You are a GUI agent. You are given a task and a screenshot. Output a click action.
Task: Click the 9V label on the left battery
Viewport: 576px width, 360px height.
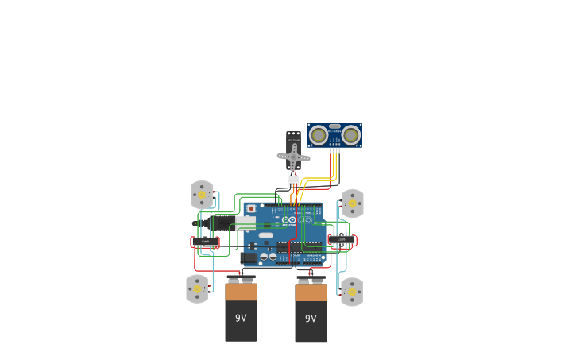(241, 318)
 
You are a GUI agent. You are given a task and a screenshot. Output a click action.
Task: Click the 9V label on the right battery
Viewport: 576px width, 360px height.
(311, 319)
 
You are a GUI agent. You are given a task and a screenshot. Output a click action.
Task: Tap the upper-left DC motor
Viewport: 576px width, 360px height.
(202, 195)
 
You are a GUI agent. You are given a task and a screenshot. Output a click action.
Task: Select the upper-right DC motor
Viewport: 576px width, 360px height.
(353, 203)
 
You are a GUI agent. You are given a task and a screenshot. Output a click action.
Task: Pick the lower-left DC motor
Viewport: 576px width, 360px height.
(197, 288)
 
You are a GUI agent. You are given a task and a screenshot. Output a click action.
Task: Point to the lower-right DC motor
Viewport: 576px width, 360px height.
(352, 292)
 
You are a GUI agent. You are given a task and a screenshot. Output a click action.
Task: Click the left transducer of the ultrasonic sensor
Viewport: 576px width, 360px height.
(319, 135)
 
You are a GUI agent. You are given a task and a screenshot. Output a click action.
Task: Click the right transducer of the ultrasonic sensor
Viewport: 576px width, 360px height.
(351, 135)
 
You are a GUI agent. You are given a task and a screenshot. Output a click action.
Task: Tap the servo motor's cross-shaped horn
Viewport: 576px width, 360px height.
(293, 157)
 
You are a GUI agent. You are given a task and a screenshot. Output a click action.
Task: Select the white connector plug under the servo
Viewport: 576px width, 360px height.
(293, 181)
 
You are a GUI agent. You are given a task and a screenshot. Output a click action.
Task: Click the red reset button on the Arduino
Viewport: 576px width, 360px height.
(251, 209)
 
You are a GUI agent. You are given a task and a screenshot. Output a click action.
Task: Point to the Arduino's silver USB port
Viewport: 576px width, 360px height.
(245, 223)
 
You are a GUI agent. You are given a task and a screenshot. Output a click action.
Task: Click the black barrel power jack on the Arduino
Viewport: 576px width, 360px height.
(248, 257)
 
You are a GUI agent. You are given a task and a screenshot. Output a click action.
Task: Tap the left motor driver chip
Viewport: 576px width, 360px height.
(205, 241)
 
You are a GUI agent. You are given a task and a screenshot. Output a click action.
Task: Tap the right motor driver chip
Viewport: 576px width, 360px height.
(342, 239)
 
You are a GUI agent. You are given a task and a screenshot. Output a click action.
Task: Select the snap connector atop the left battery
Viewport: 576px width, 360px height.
(241, 279)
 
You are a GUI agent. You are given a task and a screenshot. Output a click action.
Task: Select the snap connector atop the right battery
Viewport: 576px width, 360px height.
(311, 280)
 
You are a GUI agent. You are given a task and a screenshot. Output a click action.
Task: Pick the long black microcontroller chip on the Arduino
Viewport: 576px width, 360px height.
(303, 247)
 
